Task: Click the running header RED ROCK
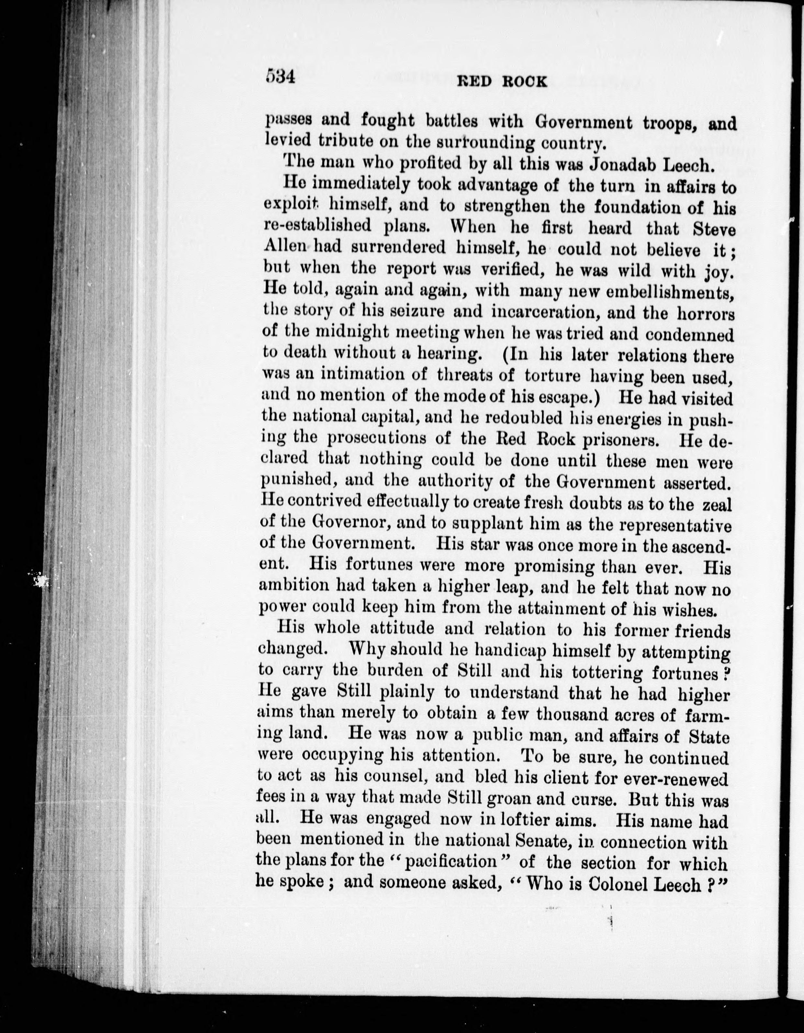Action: point(502,81)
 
